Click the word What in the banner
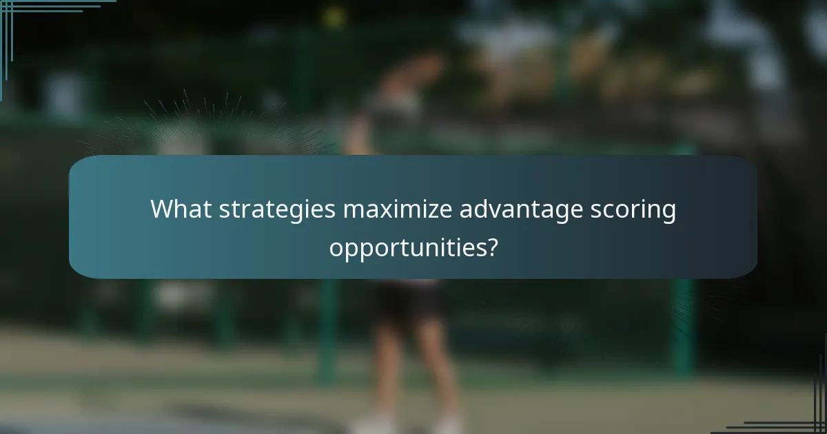click(x=181, y=209)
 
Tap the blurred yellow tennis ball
click(x=334, y=17)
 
